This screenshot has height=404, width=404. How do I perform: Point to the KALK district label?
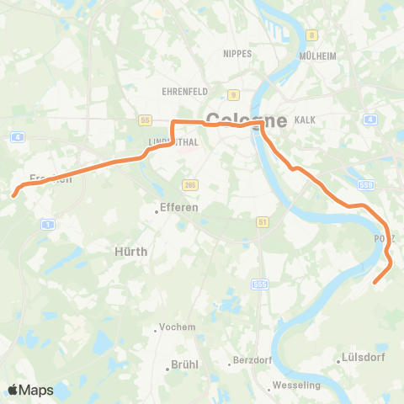tap(306, 120)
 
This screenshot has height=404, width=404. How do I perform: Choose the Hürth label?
tap(130, 251)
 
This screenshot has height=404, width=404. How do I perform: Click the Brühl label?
tap(183, 364)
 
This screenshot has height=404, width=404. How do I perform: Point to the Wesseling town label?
tap(294, 385)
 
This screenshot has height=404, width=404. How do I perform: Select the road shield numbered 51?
tap(263, 221)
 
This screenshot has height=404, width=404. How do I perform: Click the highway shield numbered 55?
tap(145, 120)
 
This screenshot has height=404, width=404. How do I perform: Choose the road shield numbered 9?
tap(233, 94)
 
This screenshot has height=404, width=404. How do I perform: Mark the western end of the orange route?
tap(13, 195)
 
